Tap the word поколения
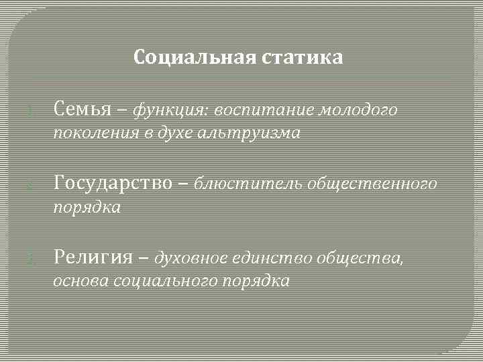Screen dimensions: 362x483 click(x=93, y=133)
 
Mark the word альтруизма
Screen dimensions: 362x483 click(x=250, y=133)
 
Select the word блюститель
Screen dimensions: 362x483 click(x=248, y=183)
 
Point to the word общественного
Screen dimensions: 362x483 click(x=372, y=183)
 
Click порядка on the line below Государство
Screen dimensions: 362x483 click(x=87, y=208)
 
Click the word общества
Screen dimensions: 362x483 click(x=360, y=257)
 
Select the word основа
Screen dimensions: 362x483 click(x=80, y=281)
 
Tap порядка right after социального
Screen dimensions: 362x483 click(x=256, y=281)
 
